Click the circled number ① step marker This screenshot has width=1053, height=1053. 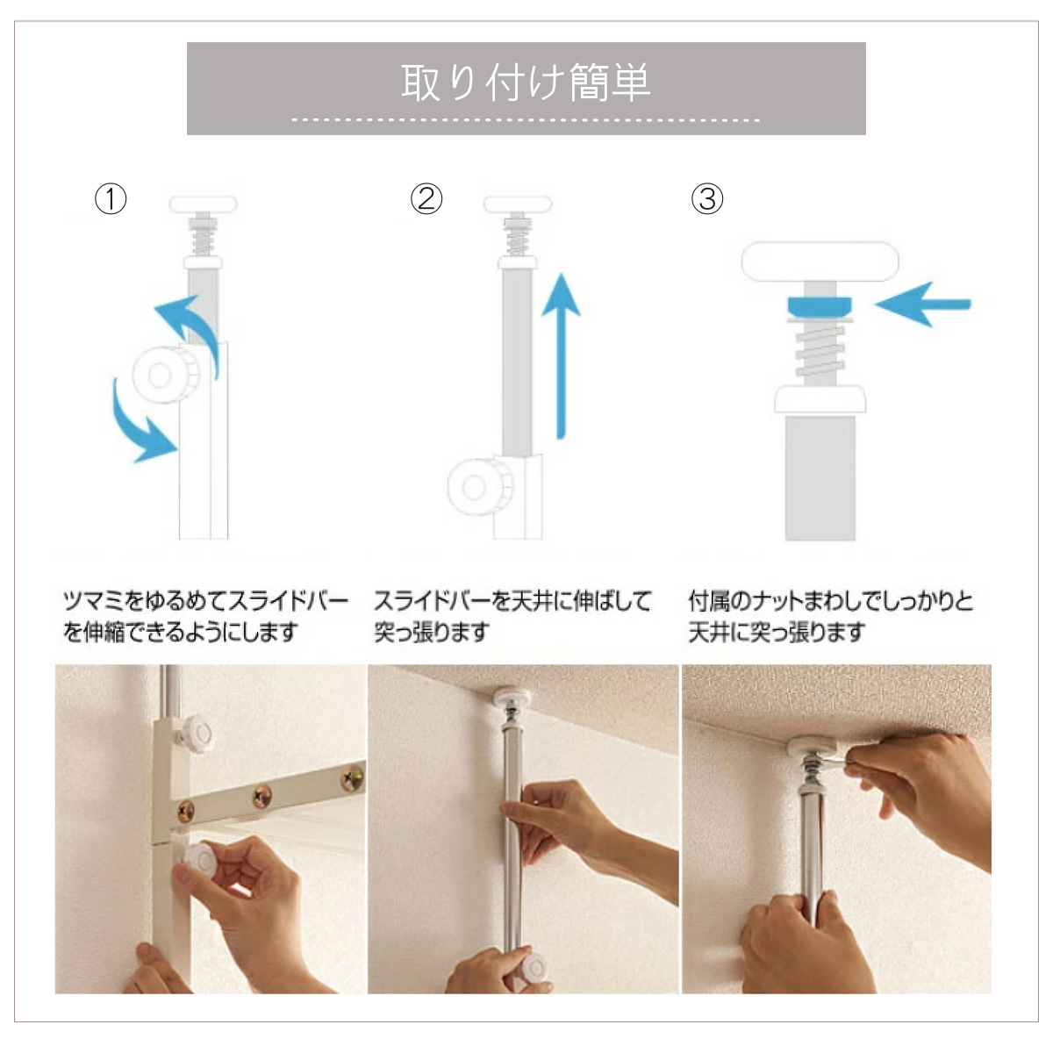point(111,199)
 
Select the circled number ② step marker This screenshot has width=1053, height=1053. point(426,199)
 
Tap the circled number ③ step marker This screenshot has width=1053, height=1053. point(707,199)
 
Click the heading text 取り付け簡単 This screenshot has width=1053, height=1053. point(526,82)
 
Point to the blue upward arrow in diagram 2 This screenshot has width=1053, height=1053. point(561,355)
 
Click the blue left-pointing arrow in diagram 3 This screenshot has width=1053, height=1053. point(922,304)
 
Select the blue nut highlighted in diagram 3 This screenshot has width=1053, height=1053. point(820,306)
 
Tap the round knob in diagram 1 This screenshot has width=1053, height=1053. point(164,376)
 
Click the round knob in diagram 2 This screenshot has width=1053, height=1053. point(480,487)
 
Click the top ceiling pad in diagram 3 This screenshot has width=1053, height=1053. point(820,261)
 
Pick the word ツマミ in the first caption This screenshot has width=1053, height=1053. point(94,602)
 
